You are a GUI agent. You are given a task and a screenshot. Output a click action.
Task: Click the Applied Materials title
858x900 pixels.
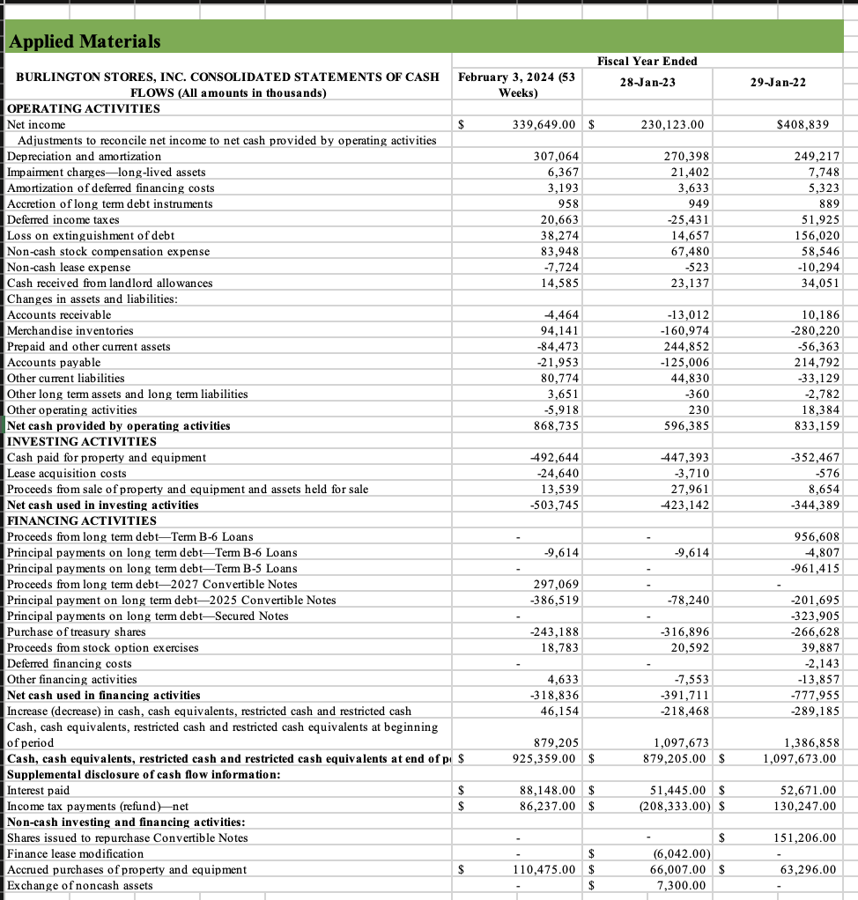85,41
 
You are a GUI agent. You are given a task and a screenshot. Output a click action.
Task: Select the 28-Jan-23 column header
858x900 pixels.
647,81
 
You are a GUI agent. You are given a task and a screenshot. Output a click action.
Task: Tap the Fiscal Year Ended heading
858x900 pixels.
647,61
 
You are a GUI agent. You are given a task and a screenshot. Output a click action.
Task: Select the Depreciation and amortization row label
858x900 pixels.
84,156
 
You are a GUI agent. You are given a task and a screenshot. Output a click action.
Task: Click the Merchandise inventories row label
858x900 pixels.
70,330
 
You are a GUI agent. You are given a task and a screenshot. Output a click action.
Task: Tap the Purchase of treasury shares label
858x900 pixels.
70,631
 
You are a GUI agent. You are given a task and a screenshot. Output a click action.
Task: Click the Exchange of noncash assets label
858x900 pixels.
79,885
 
